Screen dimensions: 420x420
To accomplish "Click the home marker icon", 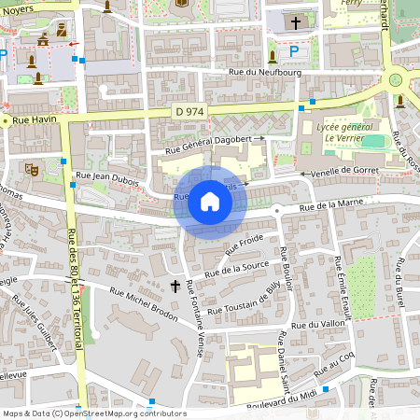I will click(x=210, y=202).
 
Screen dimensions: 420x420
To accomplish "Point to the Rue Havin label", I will click(x=31, y=119).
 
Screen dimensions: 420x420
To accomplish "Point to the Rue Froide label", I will click(x=245, y=245).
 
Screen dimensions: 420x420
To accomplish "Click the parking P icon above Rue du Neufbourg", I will click(x=294, y=51).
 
